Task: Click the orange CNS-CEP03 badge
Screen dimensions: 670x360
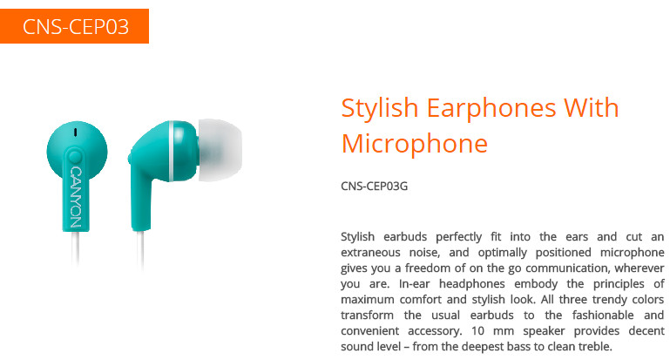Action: pos(74,26)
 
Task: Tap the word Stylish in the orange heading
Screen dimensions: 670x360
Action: pos(380,108)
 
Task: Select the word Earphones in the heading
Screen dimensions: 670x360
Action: pos(491,108)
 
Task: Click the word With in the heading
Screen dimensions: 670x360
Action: pos(592,107)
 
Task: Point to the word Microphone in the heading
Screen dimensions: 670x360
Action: pos(415,143)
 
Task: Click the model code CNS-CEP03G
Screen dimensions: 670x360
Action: pos(375,186)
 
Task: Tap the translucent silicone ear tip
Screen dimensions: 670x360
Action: pos(220,150)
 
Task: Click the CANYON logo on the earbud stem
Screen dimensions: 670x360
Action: pos(75,197)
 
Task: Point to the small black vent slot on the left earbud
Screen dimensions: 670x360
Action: pos(75,132)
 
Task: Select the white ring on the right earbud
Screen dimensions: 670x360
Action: pos(172,151)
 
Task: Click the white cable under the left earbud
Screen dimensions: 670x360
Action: pos(76,248)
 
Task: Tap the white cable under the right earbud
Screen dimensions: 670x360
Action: pos(140,249)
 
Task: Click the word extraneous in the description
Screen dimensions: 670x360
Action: pos(370,252)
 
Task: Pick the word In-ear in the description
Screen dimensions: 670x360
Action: pos(414,284)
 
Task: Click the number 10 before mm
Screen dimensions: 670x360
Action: pos(477,331)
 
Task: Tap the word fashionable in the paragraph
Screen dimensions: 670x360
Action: pos(603,315)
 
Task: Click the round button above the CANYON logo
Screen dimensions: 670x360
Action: pos(75,157)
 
